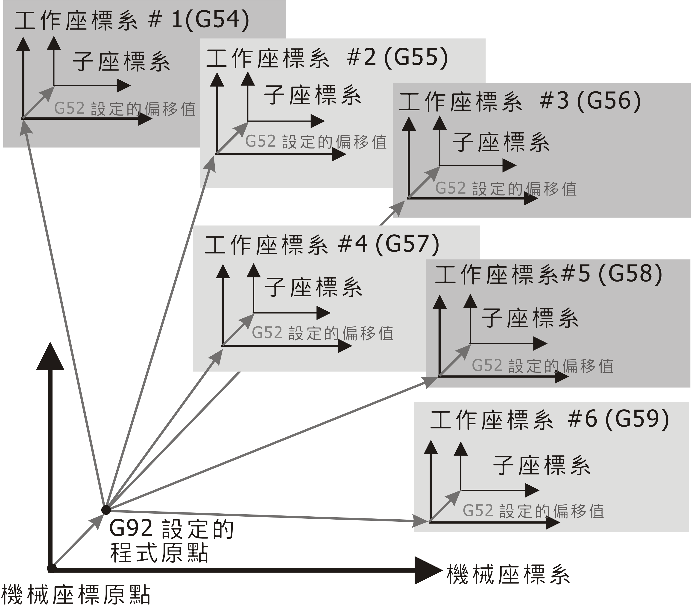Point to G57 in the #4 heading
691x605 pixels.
click(x=407, y=244)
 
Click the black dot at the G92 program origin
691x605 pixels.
click(x=106, y=509)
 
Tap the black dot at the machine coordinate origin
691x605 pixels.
click(x=52, y=568)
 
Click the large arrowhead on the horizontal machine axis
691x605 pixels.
click(x=427, y=570)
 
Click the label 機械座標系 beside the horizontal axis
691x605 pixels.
click(x=508, y=574)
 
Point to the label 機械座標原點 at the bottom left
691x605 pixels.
click(x=76, y=595)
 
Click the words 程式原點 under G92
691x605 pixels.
click(x=159, y=553)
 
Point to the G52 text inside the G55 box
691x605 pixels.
click(x=260, y=141)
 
